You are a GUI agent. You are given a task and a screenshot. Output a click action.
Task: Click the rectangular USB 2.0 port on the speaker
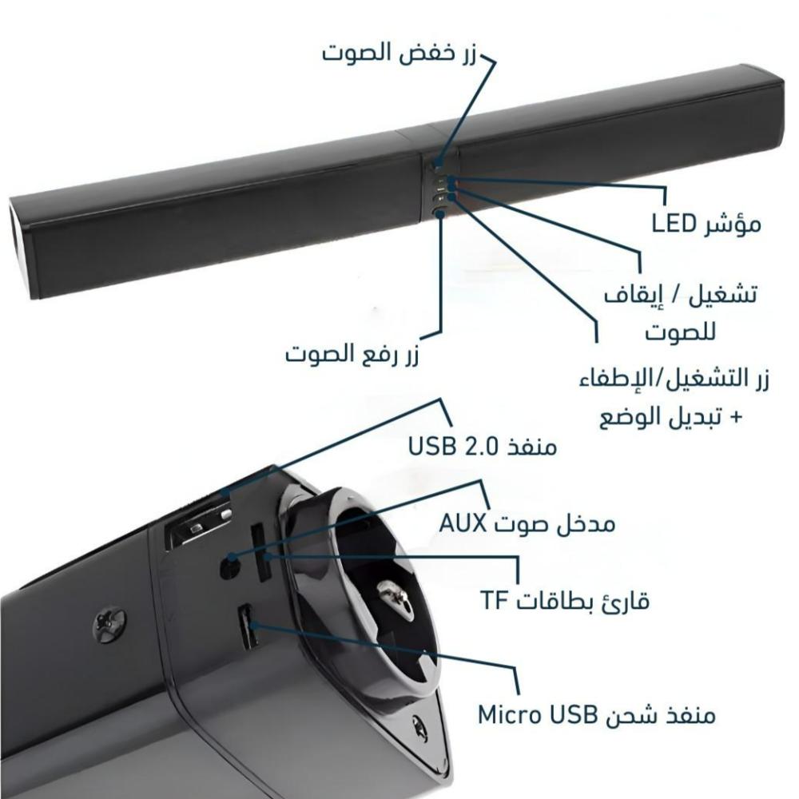click(x=200, y=527)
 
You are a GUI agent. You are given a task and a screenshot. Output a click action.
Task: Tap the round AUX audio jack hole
click(x=230, y=566)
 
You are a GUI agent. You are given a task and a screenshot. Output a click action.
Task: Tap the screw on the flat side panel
click(x=109, y=626)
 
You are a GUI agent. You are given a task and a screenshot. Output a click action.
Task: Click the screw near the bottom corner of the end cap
click(x=419, y=726)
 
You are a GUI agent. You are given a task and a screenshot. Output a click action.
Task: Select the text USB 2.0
click(x=454, y=445)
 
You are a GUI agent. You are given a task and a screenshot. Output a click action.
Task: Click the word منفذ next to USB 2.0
click(x=532, y=445)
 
